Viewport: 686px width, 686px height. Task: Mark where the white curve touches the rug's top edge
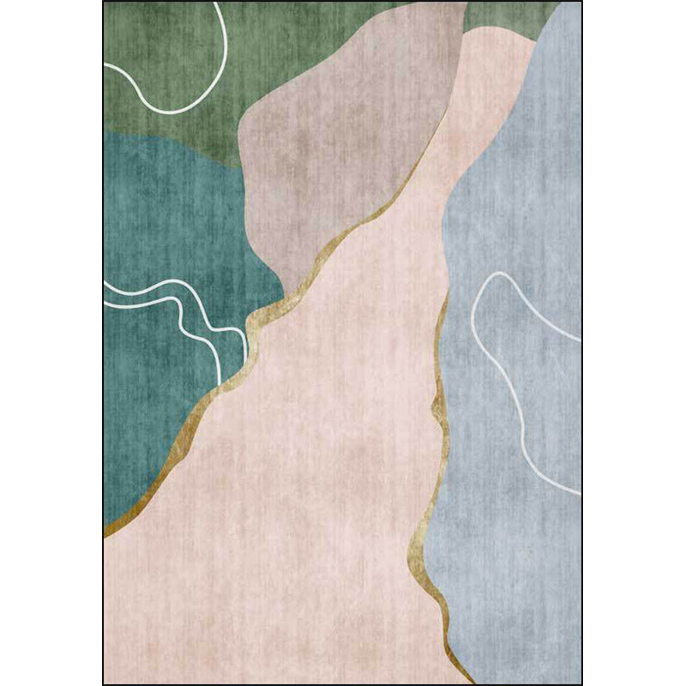(x=218, y=3)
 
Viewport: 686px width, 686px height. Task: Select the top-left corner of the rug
(x=105, y=3)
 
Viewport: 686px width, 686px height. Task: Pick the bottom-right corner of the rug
(x=581, y=683)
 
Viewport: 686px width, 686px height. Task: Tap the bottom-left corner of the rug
(x=105, y=683)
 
